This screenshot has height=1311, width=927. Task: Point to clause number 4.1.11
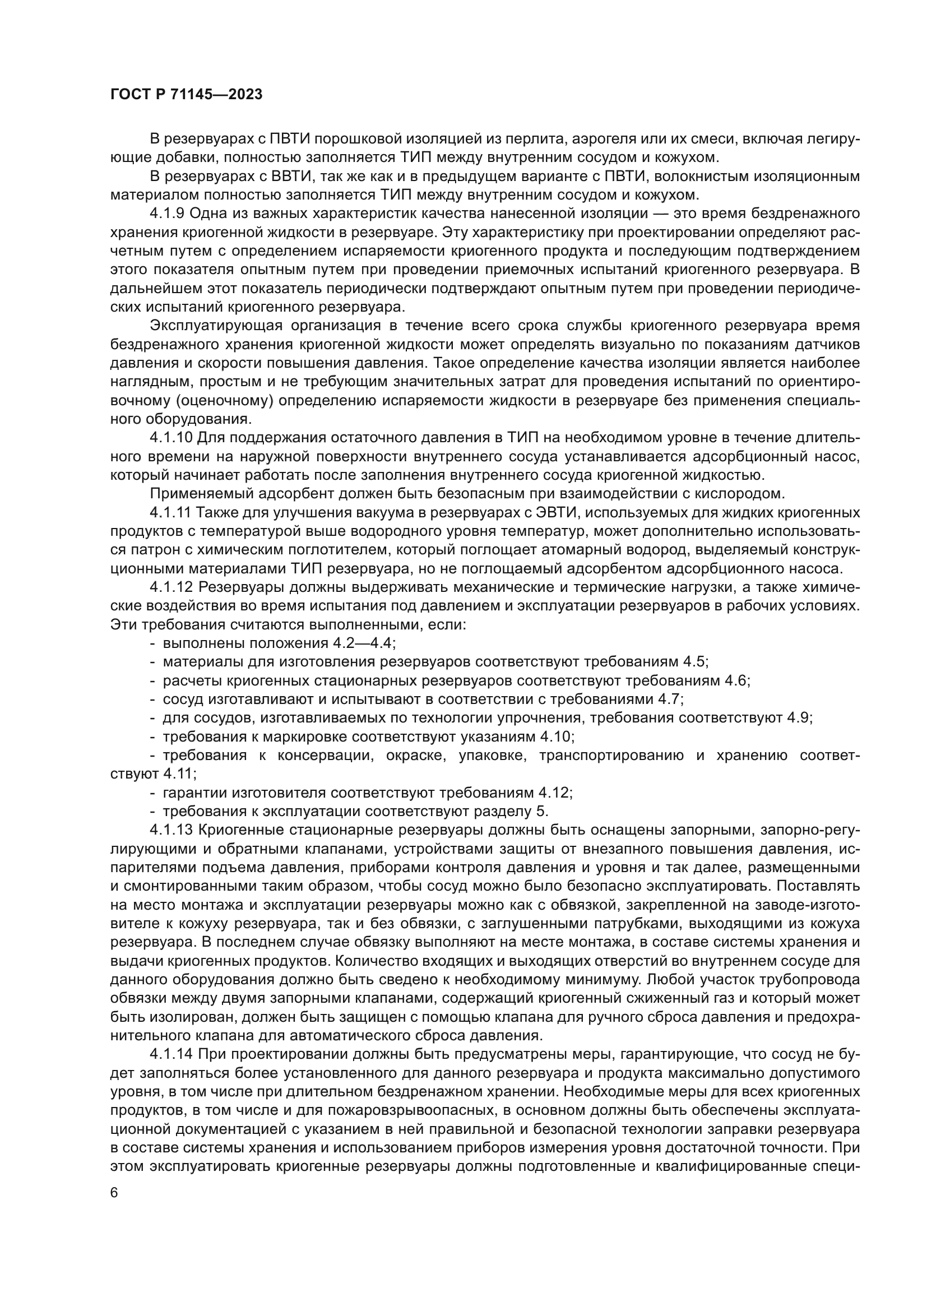170,512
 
